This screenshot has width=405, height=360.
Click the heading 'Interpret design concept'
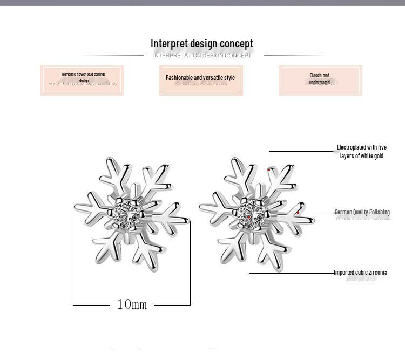click(x=201, y=44)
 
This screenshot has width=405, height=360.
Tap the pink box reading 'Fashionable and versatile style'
click(x=201, y=80)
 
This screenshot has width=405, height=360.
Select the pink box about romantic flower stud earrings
click(x=82, y=80)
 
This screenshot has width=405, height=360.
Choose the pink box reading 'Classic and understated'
click(x=320, y=80)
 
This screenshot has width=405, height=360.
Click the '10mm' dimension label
click(x=132, y=304)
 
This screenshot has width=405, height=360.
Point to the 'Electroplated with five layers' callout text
click(x=362, y=152)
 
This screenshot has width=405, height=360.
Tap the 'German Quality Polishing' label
click(x=362, y=212)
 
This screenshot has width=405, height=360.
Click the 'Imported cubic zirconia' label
click(x=360, y=273)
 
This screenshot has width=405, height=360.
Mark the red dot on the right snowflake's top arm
click(x=269, y=170)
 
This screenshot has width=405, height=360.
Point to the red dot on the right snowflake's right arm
click(x=298, y=213)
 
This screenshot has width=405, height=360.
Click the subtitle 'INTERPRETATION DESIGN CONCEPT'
click(x=202, y=56)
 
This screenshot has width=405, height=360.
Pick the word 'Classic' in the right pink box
click(x=315, y=76)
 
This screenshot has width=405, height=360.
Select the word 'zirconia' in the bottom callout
click(x=376, y=273)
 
